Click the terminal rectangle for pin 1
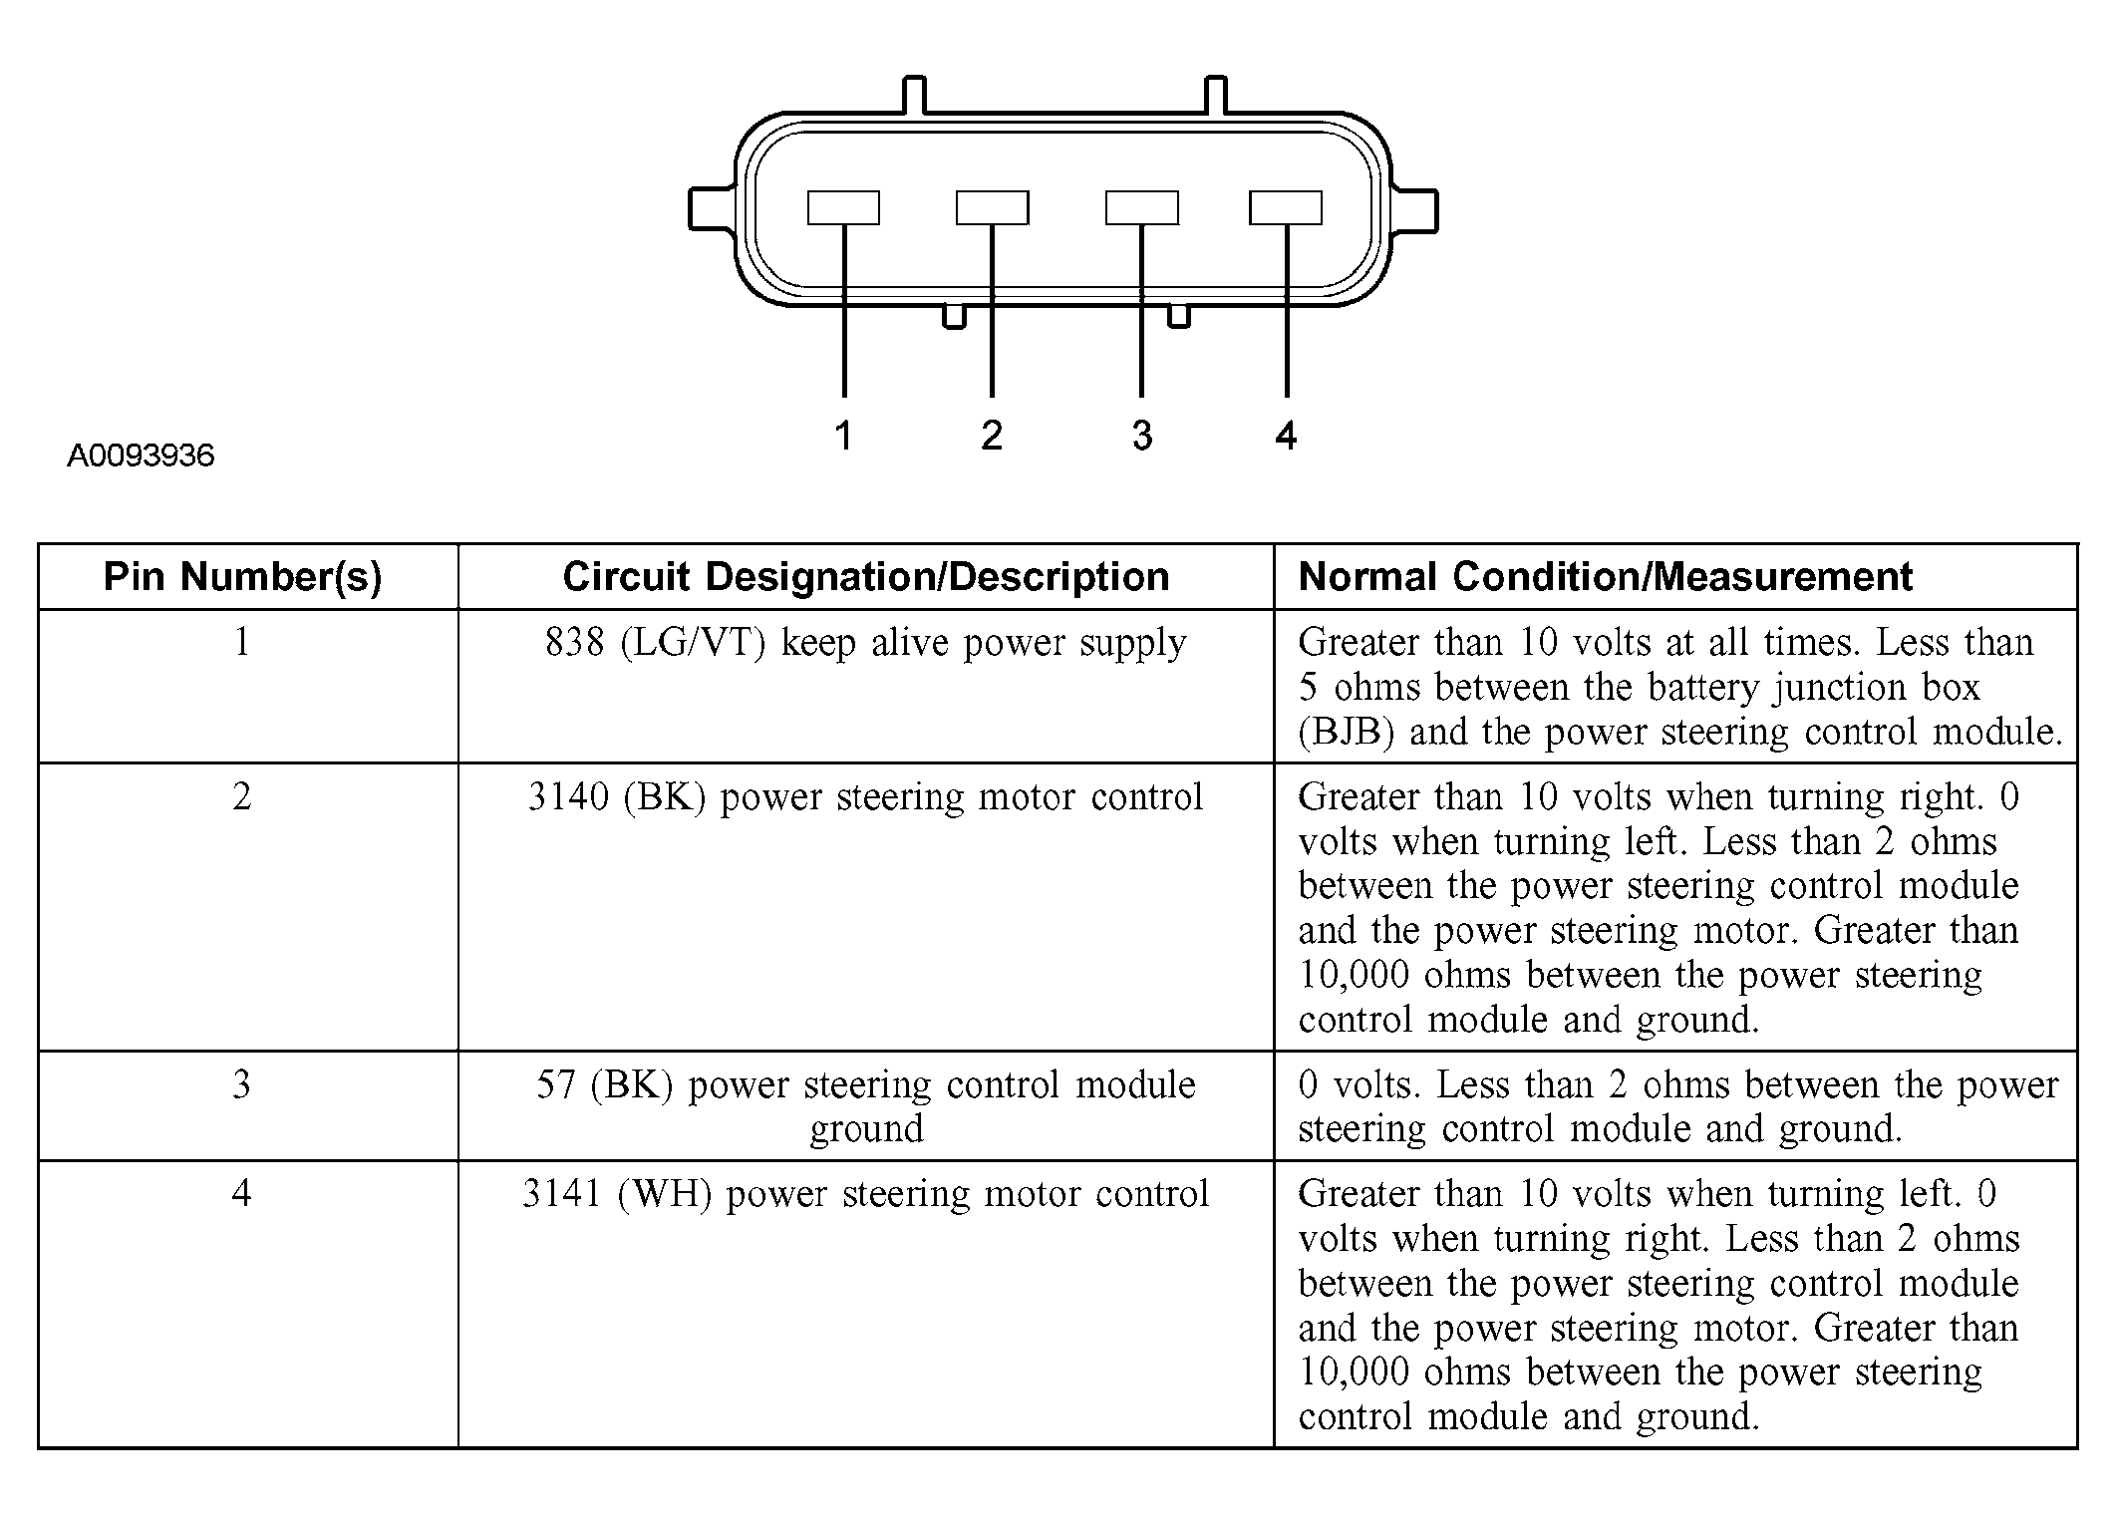click(843, 207)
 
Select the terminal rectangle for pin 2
click(992, 207)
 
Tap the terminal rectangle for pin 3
click(1141, 207)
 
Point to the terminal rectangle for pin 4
click(1286, 207)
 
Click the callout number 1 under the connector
click(843, 436)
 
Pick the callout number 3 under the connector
click(1142, 436)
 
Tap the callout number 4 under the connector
click(1286, 436)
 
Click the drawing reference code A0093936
click(141, 456)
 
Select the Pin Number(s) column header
click(243, 577)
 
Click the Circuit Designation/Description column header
click(865, 577)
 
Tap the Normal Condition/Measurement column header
click(1605, 577)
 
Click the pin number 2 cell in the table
click(242, 797)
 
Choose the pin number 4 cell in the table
click(242, 1194)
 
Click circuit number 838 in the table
click(574, 644)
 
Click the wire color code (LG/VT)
click(693, 644)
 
